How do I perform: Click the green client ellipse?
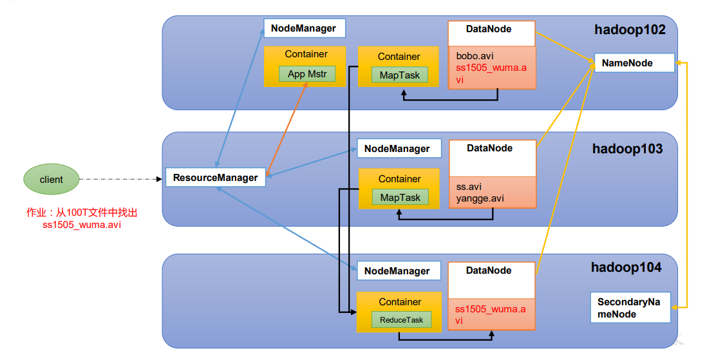[x=52, y=179]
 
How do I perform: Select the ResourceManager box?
[x=216, y=177]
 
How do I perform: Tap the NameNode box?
[x=634, y=62]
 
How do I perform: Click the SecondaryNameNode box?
[x=630, y=308]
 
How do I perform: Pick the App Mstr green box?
[x=307, y=74]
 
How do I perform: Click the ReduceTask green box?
[x=401, y=320]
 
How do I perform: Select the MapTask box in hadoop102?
[x=399, y=75]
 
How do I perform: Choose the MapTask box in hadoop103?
[x=400, y=198]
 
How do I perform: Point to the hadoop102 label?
[x=630, y=30]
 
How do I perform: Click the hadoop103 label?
[x=627, y=149]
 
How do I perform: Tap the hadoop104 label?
[x=627, y=267]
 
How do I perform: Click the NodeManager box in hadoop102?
[x=305, y=28]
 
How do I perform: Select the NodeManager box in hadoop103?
[x=399, y=148]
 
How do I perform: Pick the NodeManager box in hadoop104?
[x=399, y=270]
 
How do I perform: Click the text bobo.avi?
[x=475, y=57]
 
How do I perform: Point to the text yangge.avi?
[x=480, y=198]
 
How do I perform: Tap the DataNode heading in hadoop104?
[x=489, y=270]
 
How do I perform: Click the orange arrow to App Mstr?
[x=287, y=129]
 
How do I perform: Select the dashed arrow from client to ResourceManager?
[x=120, y=179]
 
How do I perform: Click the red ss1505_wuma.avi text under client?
[x=82, y=225]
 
